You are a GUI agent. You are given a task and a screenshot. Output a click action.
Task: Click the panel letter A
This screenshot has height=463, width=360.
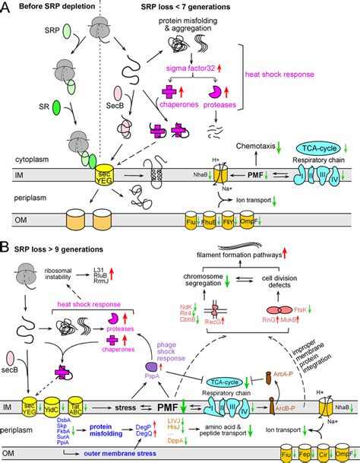tap(7, 8)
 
